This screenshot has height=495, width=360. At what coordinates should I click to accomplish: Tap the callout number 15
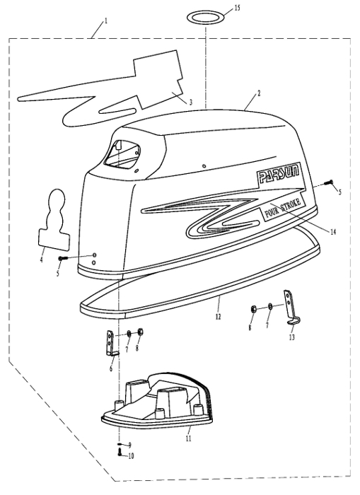click(237, 8)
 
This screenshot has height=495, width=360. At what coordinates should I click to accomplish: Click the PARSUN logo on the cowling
click(278, 174)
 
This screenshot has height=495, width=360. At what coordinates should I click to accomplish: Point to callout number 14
click(333, 232)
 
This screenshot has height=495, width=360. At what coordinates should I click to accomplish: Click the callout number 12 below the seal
click(219, 316)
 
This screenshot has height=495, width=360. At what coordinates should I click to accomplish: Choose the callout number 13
click(292, 337)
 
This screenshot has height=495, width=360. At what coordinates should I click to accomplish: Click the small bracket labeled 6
click(112, 344)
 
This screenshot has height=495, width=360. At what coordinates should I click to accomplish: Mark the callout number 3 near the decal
click(191, 102)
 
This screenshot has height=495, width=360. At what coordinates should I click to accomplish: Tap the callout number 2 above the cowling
click(259, 93)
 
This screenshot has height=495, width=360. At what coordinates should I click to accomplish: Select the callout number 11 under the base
click(188, 438)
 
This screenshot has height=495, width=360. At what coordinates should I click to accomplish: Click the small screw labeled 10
click(120, 453)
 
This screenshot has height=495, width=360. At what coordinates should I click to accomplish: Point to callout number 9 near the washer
click(129, 445)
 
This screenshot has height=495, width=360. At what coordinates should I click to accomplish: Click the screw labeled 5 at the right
click(329, 182)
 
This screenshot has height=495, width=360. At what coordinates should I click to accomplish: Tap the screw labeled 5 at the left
click(63, 258)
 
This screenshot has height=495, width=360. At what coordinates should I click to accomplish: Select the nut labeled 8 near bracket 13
click(252, 309)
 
